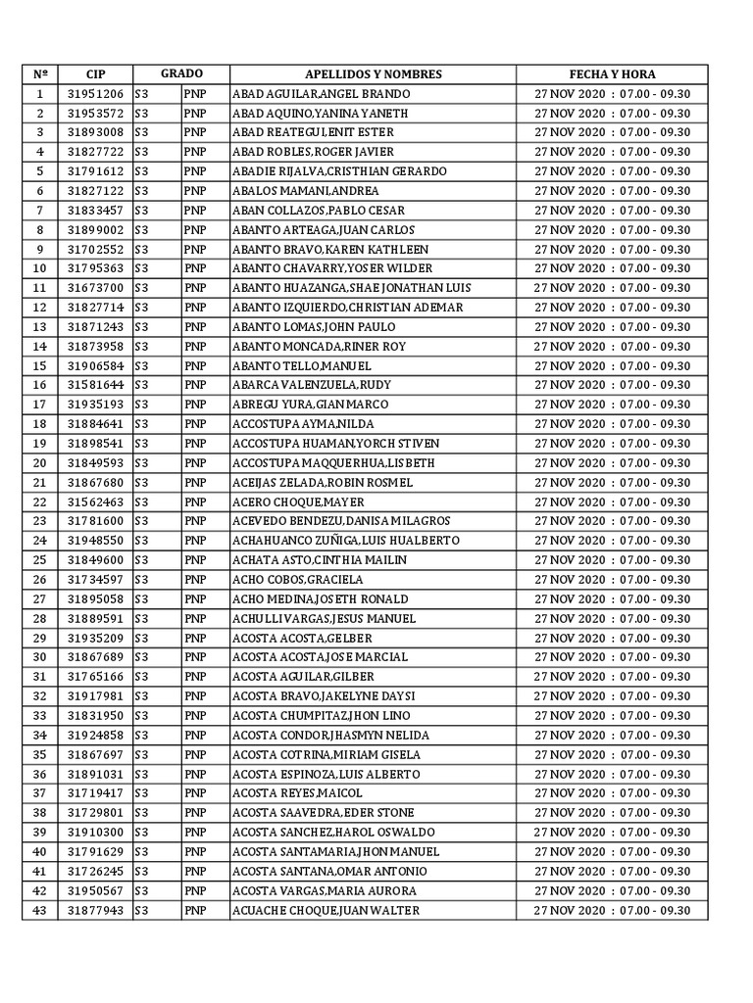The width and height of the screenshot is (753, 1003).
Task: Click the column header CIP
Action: [95, 74]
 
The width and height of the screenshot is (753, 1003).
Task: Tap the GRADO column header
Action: [181, 74]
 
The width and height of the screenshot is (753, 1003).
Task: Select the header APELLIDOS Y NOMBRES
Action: [374, 74]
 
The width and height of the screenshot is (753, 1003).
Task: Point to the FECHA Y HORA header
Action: [612, 74]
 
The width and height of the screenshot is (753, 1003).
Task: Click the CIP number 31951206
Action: [95, 94]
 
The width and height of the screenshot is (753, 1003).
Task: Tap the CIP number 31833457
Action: [95, 211]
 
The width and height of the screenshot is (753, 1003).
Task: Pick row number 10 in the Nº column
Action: [40, 268]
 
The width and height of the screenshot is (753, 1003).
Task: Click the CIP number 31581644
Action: [95, 385]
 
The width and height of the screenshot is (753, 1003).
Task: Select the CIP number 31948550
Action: [95, 541]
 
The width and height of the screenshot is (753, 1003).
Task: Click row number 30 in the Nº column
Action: [40, 657]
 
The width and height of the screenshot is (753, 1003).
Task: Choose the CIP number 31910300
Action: [95, 833]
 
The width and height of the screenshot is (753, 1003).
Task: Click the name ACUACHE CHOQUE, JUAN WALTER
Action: [325, 910]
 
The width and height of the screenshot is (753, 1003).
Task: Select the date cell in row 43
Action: [612, 910]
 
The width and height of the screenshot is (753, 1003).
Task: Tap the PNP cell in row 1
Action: [195, 94]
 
